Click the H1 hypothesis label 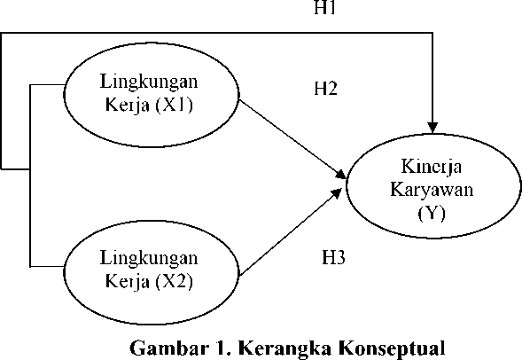point(325,7)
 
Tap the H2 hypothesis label point(326,89)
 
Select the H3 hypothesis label point(333,257)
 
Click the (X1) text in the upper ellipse point(174,106)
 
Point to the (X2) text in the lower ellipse point(174,281)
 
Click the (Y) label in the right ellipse point(432,213)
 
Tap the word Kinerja point(432,167)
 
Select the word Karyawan point(432,190)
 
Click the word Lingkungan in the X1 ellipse point(149,82)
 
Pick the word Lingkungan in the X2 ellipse point(149,258)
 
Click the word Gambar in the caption point(168,348)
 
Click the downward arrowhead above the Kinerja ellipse point(432,128)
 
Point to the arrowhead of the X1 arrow point(341,174)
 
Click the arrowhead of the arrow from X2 point(337,193)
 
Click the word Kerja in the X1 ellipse point(127,106)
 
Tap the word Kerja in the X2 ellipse point(127,282)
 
